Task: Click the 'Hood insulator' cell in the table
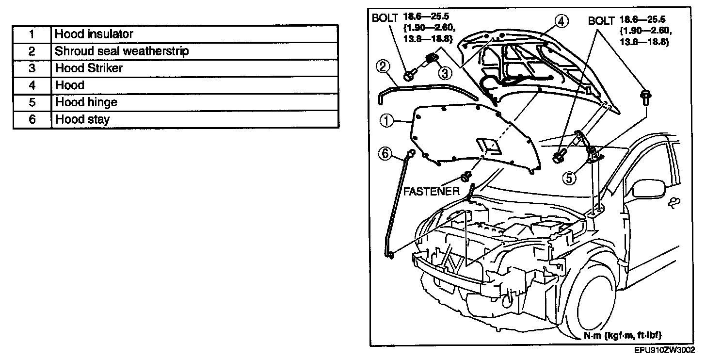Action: (194, 34)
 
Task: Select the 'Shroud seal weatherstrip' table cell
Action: (194, 51)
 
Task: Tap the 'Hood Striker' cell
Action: (194, 68)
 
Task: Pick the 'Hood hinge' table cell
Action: (194, 102)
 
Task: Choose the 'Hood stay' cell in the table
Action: (194, 119)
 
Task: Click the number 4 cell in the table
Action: (32, 85)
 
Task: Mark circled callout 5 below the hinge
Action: (570, 178)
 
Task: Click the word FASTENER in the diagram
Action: (431, 192)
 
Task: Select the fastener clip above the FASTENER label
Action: (467, 176)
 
